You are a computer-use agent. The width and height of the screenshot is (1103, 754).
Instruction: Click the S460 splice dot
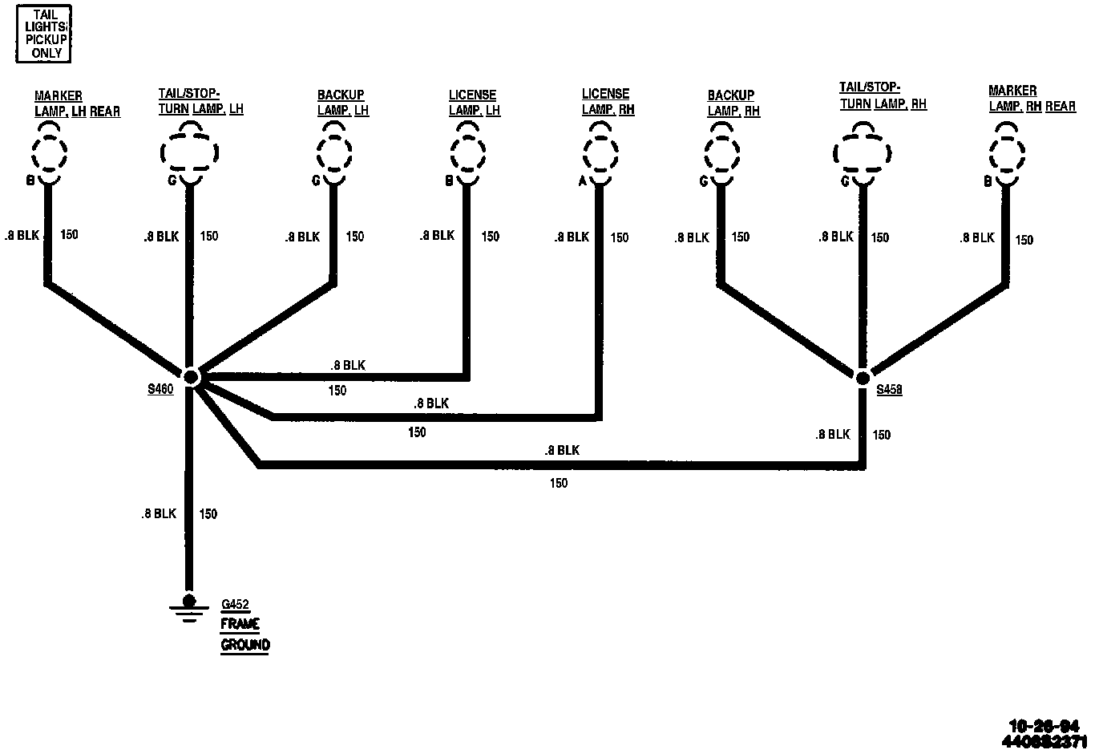click(191, 376)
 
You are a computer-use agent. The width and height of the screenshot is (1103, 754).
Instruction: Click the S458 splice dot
click(863, 377)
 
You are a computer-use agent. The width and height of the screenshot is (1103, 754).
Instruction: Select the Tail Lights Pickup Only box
click(45, 33)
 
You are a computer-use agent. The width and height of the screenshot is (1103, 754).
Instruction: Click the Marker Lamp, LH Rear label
click(77, 104)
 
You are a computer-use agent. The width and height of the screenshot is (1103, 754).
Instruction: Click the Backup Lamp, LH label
click(342, 103)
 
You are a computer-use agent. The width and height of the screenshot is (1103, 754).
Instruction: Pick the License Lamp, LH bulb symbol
click(468, 151)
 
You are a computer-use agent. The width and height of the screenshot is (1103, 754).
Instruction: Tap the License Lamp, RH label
click(608, 102)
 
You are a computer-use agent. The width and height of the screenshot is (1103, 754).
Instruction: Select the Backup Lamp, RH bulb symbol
click(721, 151)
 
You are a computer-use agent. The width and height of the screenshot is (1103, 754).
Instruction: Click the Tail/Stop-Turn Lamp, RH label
click(883, 95)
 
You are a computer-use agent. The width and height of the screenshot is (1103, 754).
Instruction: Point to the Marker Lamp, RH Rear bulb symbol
click(1007, 151)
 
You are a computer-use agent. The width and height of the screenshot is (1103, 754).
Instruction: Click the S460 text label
click(160, 390)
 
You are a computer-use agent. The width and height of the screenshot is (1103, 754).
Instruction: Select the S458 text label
click(889, 391)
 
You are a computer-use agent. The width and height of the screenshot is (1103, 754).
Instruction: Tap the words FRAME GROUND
click(244, 634)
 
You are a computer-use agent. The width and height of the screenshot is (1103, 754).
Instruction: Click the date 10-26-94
click(1044, 726)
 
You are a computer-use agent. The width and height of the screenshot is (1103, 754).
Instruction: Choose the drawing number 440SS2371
click(1044, 741)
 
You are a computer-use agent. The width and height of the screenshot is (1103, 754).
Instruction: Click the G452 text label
click(236, 604)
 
